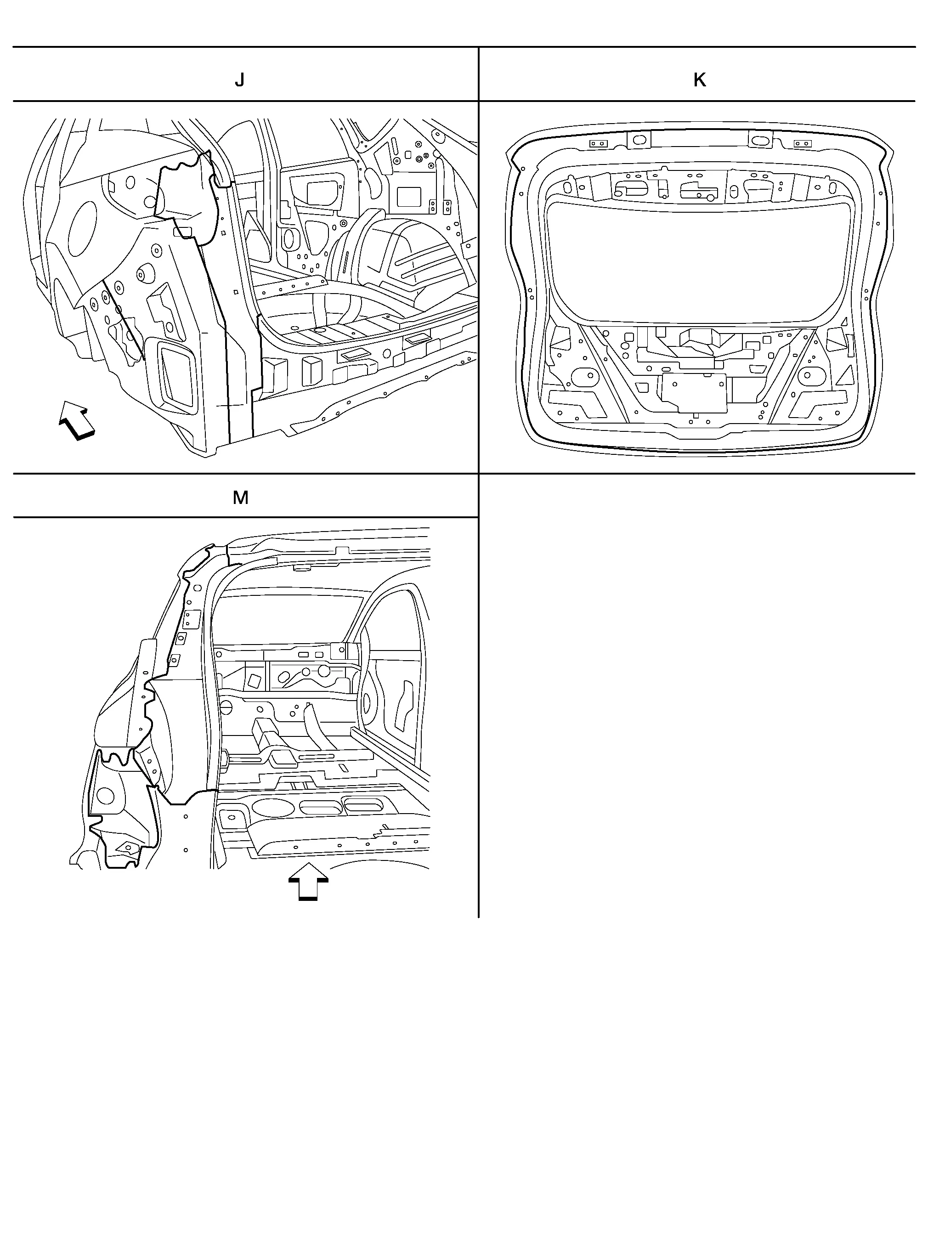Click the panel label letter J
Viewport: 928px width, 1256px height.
pyautogui.click(x=240, y=80)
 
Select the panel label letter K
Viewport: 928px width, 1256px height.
pyautogui.click(x=699, y=80)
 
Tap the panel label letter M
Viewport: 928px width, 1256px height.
pyautogui.click(x=240, y=498)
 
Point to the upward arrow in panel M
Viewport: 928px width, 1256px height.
pyautogui.click(x=308, y=881)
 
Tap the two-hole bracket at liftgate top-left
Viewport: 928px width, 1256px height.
pyautogui.click(x=597, y=144)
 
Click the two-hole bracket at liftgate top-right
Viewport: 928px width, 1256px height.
pyautogui.click(x=802, y=144)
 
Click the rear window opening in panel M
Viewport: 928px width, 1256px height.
pyautogui.click(x=287, y=621)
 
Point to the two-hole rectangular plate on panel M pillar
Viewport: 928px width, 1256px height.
pyautogui.click(x=192, y=620)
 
